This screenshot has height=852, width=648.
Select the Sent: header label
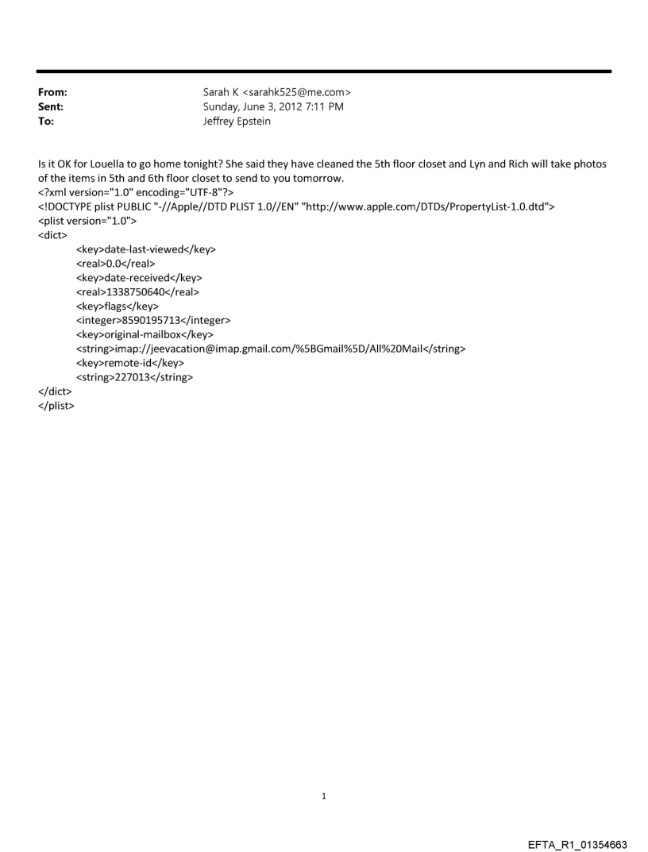pyautogui.click(x=49, y=106)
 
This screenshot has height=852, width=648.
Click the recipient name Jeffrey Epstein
pyautogui.click(x=237, y=121)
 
